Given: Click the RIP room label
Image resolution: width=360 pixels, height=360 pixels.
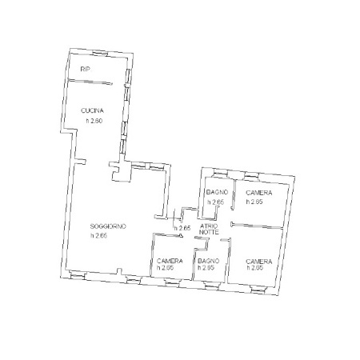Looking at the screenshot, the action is coord(86,69).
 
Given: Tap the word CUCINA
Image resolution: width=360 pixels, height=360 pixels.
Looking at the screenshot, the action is coord(92,110).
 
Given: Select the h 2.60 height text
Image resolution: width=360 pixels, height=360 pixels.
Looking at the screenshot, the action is coord(94,121).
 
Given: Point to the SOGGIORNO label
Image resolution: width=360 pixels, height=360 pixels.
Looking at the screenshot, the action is coord(108,226).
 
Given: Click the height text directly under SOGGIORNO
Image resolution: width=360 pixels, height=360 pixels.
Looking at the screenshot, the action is coord(98,236).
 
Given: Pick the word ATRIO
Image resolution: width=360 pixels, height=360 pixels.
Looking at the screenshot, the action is coord(209,226).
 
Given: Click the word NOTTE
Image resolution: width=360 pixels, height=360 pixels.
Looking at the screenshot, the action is coord(209,232).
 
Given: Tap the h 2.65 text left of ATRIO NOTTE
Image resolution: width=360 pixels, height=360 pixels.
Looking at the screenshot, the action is coord(182,228).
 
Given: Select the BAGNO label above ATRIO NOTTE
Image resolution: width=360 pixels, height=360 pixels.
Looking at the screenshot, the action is coord(217,192).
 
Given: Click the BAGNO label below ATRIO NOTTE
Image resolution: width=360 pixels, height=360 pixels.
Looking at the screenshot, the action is coord(209,261).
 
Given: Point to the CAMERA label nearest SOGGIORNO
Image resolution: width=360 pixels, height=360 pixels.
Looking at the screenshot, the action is coord(170,261).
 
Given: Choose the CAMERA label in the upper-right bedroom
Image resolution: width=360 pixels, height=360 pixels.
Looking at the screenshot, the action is coord(259,193).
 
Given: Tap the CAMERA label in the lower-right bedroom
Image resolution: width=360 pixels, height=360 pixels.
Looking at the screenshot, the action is coord(259,262).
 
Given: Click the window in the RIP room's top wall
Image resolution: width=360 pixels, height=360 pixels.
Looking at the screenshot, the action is coord(100,54).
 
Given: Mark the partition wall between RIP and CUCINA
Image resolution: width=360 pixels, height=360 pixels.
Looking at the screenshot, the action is coord(90,82).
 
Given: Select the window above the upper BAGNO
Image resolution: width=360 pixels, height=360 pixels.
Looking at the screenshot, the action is coord(220,172).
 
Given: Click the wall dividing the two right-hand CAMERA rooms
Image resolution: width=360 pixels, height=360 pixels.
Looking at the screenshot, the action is coord(257,226).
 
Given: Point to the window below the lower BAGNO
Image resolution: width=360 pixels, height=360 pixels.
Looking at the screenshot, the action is coord(212,286).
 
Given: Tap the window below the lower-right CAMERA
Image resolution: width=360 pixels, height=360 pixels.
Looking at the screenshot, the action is coord(258,290).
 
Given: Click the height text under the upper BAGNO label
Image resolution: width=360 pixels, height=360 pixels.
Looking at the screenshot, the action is coord(216,202).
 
